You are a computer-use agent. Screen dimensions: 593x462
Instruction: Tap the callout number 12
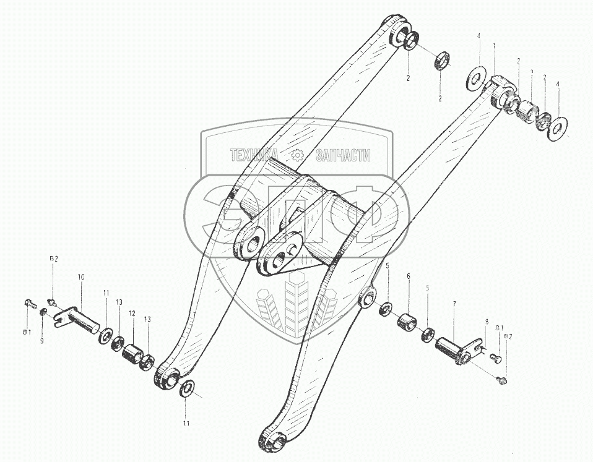pos(131,314)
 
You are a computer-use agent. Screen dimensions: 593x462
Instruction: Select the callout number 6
pos(407,278)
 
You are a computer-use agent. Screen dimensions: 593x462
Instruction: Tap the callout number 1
pos(494,46)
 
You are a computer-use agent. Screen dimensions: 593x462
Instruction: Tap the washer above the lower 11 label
pos(187,389)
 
